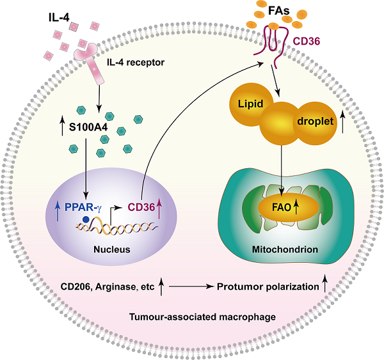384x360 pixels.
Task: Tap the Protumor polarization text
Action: (x=267, y=288)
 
